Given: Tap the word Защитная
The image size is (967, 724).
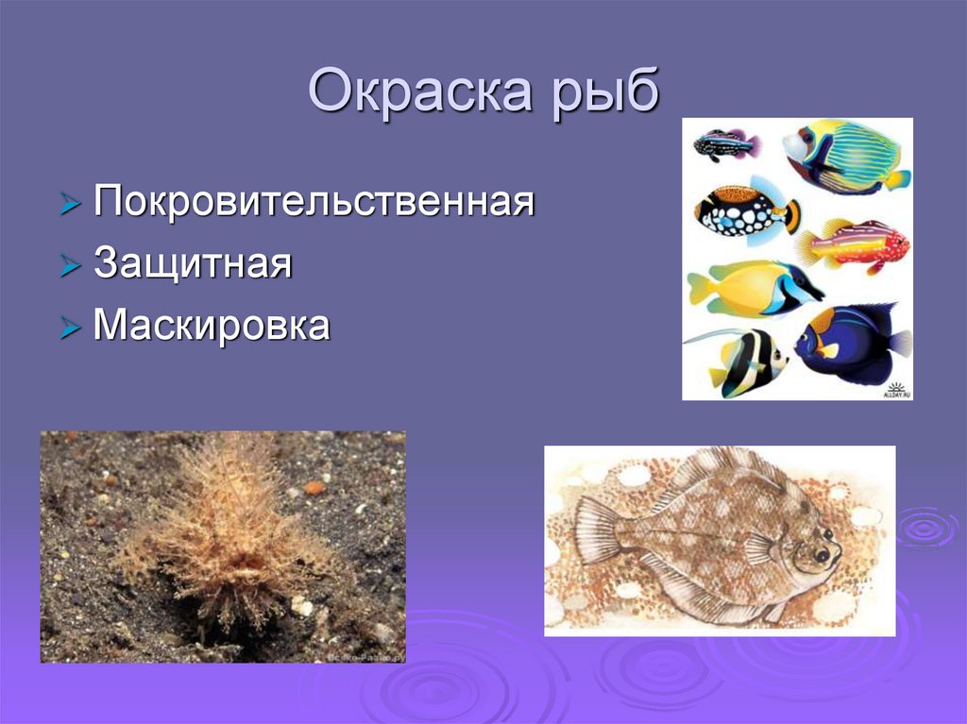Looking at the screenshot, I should [x=193, y=263].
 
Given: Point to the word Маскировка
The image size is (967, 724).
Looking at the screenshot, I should [x=212, y=327].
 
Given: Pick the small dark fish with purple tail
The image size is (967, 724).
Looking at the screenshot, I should [x=725, y=144].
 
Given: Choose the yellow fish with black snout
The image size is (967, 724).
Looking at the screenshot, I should [x=755, y=288].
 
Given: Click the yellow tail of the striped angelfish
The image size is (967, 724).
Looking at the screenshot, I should [x=897, y=178].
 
